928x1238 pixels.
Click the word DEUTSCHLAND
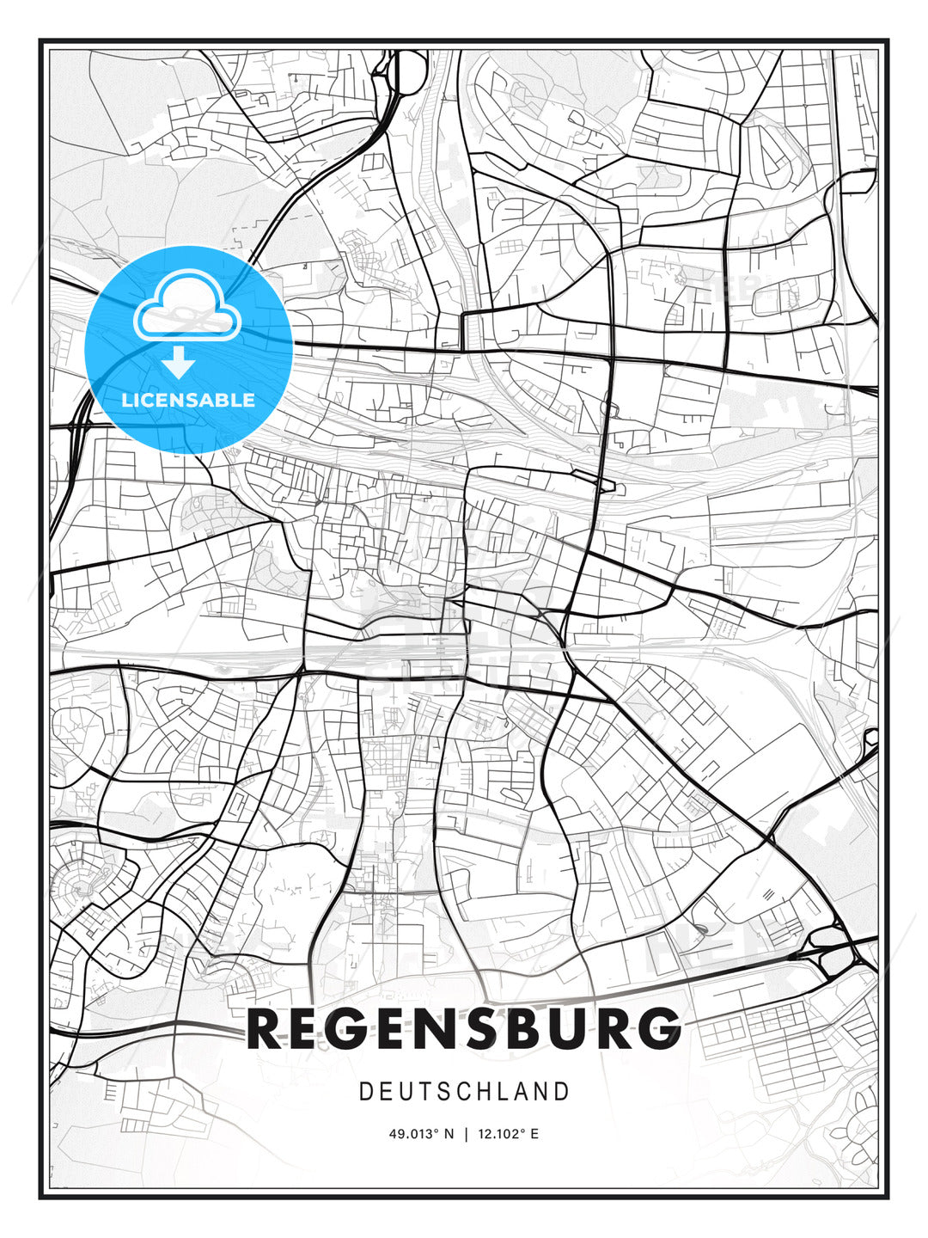coord(464,1092)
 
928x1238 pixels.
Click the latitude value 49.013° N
coord(421,1134)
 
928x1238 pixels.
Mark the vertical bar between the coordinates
coord(465,1134)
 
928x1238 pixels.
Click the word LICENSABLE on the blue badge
coord(188,400)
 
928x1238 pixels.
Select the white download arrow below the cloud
coord(180,363)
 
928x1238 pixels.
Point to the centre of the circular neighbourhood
coord(76,886)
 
